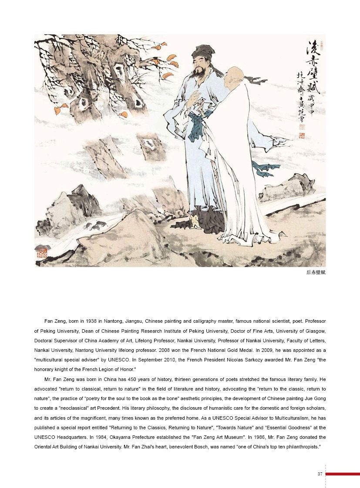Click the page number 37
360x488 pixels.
tap(320, 474)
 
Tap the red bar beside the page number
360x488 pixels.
tap(343, 474)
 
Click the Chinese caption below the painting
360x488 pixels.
tap(316, 273)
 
